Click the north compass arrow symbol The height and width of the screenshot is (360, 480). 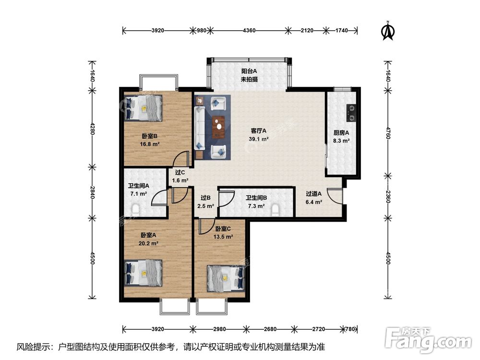tap(388, 31)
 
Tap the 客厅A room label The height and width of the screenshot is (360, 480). tap(259, 131)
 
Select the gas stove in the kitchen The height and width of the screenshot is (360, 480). tap(351, 113)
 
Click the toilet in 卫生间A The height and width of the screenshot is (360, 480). tap(135, 209)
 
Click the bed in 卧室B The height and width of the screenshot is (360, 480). tap(143, 108)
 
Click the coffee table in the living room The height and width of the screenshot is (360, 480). tap(218, 127)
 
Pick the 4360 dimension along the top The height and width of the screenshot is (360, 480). tap(249, 30)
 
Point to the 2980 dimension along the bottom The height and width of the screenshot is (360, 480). tap(219, 329)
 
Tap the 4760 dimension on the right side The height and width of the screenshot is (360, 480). tap(387, 133)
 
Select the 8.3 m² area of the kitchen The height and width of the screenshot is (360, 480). tap(341, 141)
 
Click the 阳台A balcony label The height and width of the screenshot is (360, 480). tap(249, 71)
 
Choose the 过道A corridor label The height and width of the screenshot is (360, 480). tap(314, 193)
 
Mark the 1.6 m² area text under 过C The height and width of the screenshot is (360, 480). tap(180, 180)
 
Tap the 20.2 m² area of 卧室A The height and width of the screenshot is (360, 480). tap(148, 243)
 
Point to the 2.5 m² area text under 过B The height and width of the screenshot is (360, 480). tap(206, 206)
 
